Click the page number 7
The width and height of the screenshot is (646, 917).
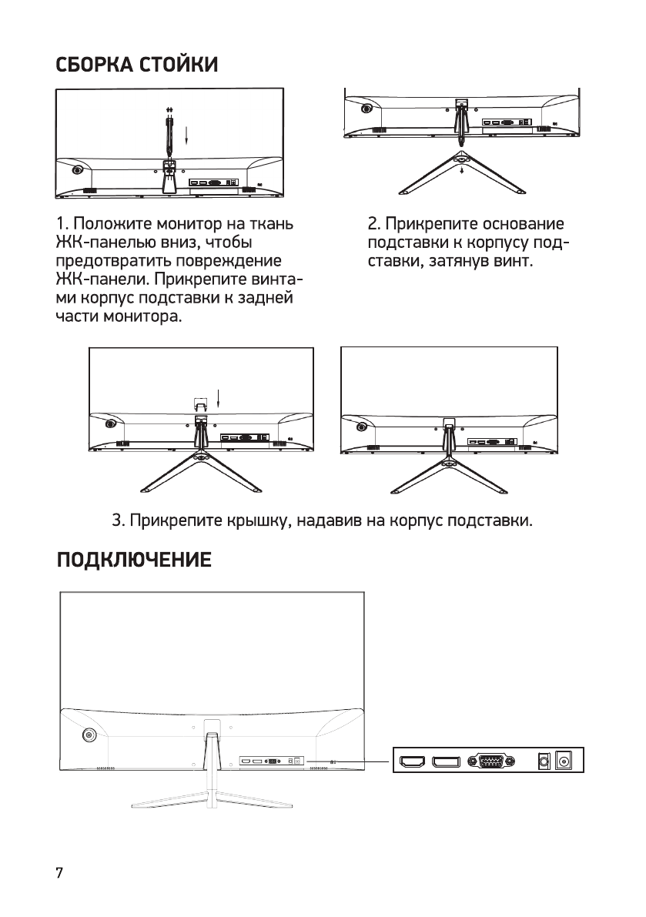click(59, 875)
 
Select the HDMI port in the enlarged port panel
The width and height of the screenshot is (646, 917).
click(413, 762)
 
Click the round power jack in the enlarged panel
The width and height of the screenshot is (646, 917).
click(567, 761)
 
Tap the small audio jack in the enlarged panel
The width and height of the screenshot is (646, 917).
click(544, 761)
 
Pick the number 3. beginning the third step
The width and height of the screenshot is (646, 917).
click(119, 521)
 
